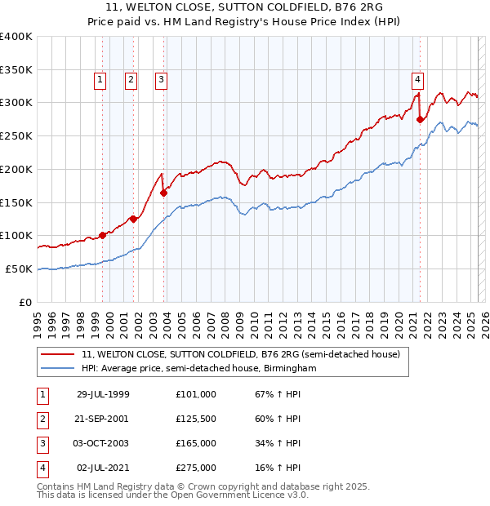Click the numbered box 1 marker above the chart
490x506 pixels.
pos(100,79)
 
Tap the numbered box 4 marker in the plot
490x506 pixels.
pos(417,79)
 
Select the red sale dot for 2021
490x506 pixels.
pos(421,119)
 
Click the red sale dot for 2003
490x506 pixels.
pos(164,193)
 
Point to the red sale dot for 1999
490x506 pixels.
pos(103,235)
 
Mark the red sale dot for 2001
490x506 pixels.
pos(133,219)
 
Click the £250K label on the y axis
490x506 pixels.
pos(16,136)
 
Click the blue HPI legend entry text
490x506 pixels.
pos(198,369)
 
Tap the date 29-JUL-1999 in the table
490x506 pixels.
pos(103,394)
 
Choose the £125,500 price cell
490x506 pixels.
pos(196,419)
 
